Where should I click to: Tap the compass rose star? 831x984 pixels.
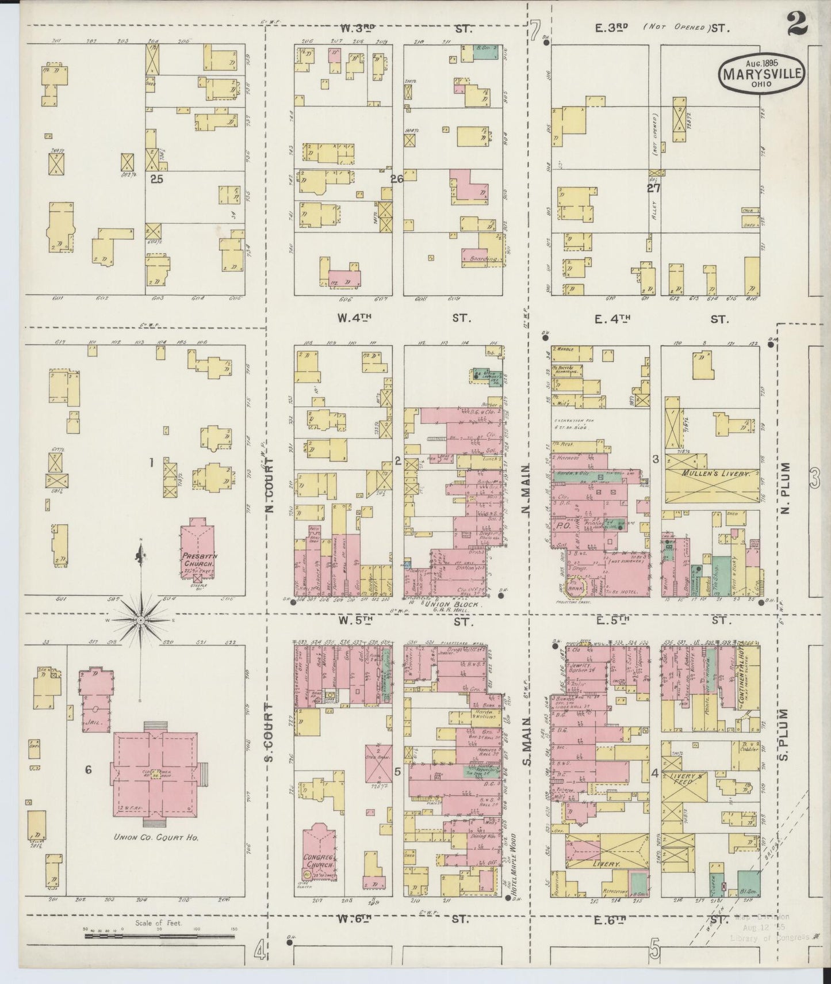click(141, 621)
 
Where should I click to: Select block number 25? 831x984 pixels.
click(156, 179)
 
